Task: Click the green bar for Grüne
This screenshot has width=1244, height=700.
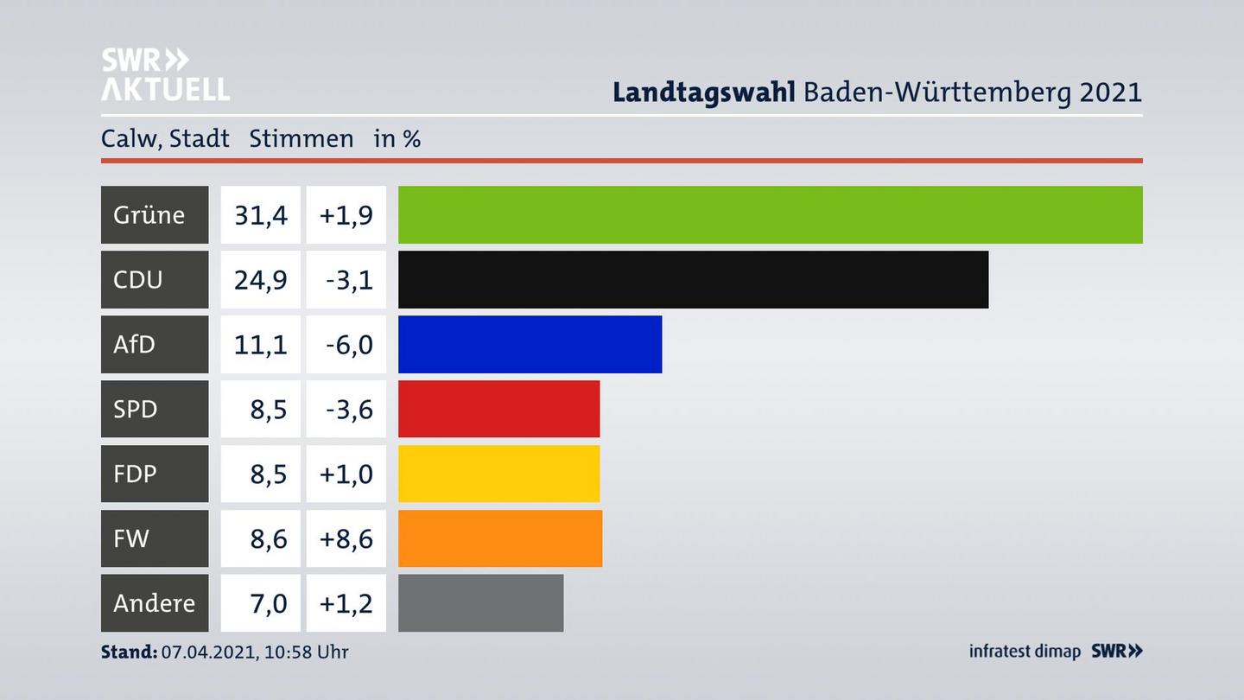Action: click(770, 214)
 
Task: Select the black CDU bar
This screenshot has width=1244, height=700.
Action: click(693, 279)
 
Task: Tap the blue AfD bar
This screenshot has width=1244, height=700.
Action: click(530, 344)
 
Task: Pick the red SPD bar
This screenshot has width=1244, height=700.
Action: click(498, 409)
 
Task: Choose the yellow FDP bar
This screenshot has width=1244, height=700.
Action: click(498, 474)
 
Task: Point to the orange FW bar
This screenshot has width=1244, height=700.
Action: click(500, 538)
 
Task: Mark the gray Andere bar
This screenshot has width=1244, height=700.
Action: click(480, 603)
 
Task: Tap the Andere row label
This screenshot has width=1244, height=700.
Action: click(154, 603)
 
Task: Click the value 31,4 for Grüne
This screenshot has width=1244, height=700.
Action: click(260, 214)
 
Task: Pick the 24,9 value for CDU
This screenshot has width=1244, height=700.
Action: click(260, 279)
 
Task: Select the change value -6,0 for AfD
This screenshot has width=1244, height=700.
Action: click(348, 344)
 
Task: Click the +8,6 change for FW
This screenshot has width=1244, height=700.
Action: click(346, 538)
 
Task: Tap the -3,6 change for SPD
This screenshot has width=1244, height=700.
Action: click(348, 409)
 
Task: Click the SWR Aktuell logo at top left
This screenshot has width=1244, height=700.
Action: click(164, 74)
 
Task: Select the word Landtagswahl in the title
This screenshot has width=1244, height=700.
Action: click(703, 92)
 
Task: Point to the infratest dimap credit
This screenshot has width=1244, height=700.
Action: click(1025, 651)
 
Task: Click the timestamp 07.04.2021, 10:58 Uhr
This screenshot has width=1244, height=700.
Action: click(255, 652)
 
